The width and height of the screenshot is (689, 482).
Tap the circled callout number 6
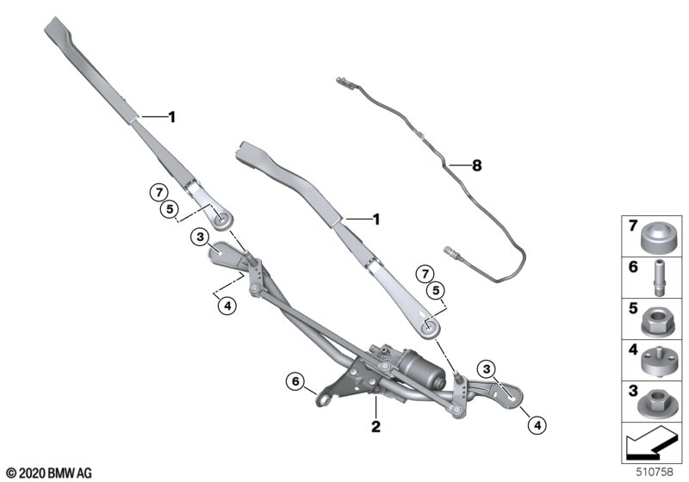point(295,381)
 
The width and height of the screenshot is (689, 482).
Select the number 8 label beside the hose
point(477,165)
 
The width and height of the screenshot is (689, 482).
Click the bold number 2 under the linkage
point(376,426)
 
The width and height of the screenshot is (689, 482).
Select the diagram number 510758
point(655,472)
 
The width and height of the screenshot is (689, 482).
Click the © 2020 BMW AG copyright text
point(49,473)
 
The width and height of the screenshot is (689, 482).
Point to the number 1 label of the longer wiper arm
point(171,117)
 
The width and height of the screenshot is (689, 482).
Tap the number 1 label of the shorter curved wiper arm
point(376,219)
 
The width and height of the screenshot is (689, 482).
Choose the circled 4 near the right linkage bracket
point(537,424)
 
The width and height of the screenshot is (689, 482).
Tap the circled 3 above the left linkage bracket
point(201,238)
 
